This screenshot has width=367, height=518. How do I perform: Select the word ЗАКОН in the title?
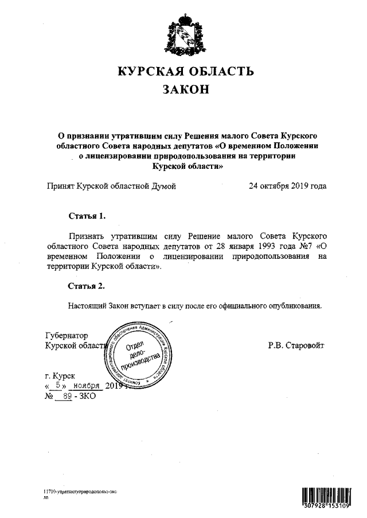(x=183, y=90)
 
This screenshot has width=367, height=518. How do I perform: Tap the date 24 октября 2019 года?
(x=287, y=186)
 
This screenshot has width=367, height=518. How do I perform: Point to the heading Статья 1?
(x=87, y=216)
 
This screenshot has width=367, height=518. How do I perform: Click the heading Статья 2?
(x=87, y=286)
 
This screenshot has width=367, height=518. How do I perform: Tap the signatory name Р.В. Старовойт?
(x=296, y=345)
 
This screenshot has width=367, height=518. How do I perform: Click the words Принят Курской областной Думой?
(x=111, y=186)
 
